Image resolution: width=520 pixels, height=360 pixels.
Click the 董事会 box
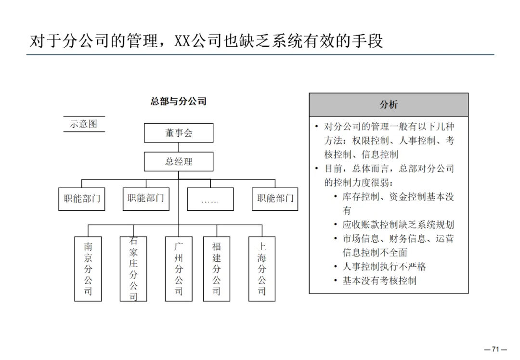179,133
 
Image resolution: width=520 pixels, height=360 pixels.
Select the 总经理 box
179,162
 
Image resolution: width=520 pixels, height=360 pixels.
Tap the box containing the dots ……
210,199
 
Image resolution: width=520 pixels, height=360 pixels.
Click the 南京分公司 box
88,269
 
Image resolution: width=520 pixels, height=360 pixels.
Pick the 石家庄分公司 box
133,269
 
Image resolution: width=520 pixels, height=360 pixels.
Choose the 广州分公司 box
179,269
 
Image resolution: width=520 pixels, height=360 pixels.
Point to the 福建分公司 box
216,269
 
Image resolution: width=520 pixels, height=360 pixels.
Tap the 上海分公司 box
262,269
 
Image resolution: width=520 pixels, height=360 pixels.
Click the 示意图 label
84,124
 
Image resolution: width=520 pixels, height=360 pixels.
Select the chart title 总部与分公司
179,101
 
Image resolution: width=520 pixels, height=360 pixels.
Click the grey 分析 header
389,105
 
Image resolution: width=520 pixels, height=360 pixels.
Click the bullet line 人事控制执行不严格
384,267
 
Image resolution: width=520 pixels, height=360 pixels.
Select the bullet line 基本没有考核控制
379,281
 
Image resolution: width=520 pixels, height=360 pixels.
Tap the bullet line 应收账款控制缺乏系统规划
398,225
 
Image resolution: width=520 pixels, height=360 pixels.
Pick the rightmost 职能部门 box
275,199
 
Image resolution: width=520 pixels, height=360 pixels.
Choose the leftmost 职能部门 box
82,199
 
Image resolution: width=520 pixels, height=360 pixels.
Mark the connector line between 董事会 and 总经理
179,147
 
